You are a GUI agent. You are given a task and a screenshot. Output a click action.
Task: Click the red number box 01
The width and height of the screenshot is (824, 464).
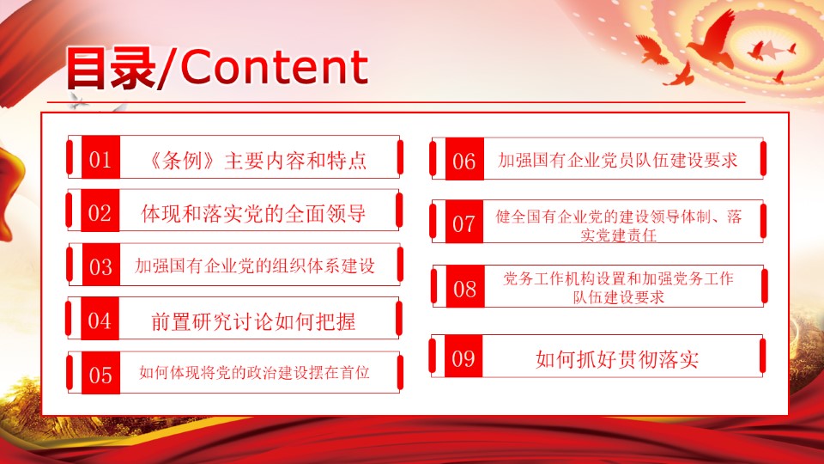101,156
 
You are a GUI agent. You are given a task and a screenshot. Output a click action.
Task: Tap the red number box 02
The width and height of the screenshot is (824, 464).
100,211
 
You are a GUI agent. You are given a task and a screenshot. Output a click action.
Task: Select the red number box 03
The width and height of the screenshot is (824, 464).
101,265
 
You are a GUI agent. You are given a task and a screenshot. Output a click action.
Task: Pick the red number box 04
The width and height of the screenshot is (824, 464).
100,319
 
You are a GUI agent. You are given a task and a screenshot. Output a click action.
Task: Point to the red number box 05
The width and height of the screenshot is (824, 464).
101,373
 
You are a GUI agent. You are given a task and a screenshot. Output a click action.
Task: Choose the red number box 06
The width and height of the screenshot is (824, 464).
464,160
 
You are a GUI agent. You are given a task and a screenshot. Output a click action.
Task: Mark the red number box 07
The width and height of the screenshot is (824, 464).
464,222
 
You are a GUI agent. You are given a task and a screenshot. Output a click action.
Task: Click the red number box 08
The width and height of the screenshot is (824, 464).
465,286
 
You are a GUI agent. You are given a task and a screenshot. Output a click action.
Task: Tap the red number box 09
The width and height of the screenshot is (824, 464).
463,356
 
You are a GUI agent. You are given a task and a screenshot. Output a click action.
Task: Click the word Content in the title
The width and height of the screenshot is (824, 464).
274,67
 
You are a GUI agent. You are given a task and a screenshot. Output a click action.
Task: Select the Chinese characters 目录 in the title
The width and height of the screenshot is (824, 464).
112,67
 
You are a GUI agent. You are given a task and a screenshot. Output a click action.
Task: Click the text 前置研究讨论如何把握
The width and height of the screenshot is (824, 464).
253,321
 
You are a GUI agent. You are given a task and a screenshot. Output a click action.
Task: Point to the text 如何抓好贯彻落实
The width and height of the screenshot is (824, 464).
617,359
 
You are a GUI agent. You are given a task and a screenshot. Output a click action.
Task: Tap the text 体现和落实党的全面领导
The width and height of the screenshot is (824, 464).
253,214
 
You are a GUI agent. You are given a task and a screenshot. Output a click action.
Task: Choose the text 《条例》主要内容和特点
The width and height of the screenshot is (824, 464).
257,161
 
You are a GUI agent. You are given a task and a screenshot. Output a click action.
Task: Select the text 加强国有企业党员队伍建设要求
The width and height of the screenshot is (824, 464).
618,160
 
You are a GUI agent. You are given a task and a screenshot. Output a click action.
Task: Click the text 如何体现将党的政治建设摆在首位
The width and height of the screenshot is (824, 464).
254,372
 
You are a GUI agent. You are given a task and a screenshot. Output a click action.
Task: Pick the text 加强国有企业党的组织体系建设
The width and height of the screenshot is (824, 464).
255,266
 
